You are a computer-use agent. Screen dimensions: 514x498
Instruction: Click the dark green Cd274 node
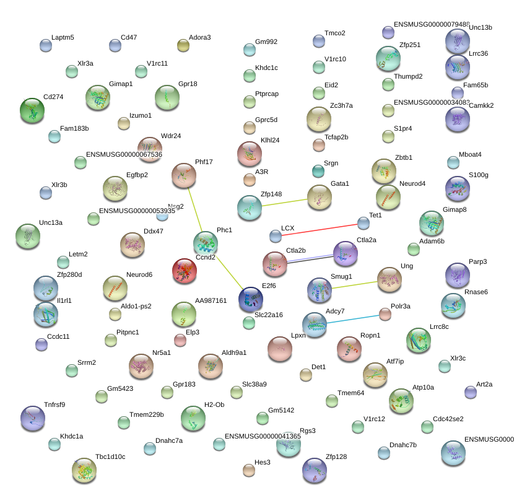point(32,111)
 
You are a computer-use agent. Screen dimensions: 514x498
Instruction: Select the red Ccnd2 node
point(184,271)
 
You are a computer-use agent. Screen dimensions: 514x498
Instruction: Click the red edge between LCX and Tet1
point(320,229)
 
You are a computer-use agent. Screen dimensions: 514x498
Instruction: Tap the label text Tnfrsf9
point(54,404)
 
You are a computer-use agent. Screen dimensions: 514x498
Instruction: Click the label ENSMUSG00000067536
point(124,154)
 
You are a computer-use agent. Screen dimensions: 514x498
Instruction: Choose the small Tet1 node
point(364,222)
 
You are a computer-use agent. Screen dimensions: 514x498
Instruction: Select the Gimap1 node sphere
point(98,98)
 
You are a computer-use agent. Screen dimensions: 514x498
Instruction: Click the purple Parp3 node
point(458,275)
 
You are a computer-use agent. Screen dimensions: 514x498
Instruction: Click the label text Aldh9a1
point(234,352)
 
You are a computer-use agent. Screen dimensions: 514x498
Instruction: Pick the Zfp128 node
point(314,471)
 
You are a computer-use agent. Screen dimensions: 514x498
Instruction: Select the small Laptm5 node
point(46,45)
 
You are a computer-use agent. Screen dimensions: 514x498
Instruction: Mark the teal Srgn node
point(318,170)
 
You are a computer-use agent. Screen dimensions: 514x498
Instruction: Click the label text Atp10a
point(423,387)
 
